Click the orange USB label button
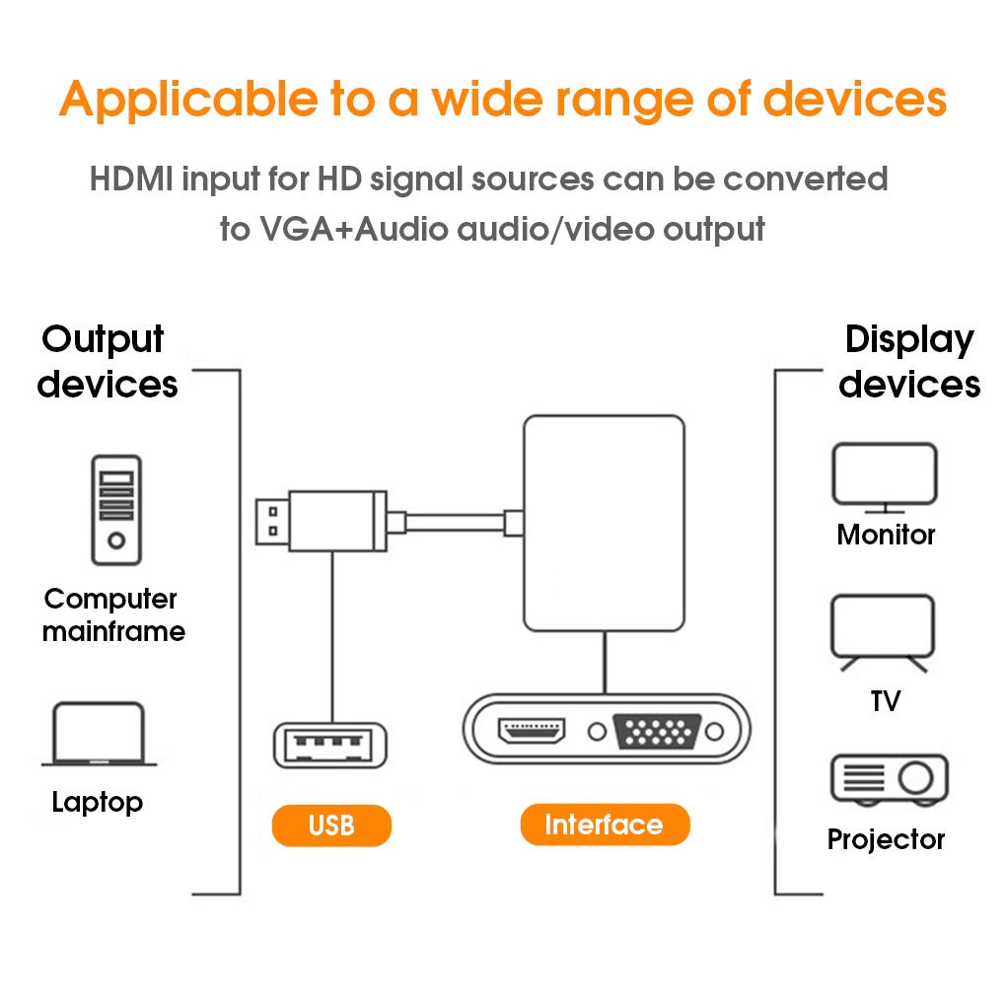click(x=331, y=826)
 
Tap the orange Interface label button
click(x=604, y=825)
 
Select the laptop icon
click(x=99, y=734)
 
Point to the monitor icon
click(x=884, y=476)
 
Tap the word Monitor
click(x=886, y=535)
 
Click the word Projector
click(x=886, y=839)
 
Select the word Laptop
click(x=97, y=802)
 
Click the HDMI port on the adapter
click(x=533, y=731)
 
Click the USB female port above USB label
click(x=329, y=746)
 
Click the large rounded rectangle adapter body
click(x=604, y=523)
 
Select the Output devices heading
click(x=107, y=361)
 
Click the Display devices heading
click(x=909, y=361)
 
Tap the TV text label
click(x=886, y=701)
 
